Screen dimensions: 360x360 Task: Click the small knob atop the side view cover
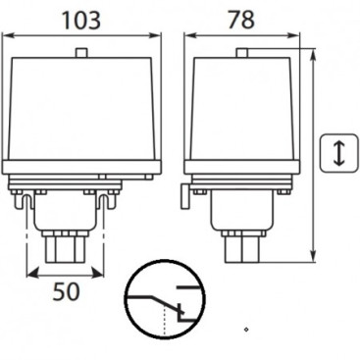[x=239, y=51]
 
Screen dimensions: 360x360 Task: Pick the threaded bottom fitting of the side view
[x=239, y=247]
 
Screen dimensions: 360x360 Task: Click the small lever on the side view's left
[x=184, y=200]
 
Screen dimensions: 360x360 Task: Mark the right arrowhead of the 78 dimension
[x=294, y=37]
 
